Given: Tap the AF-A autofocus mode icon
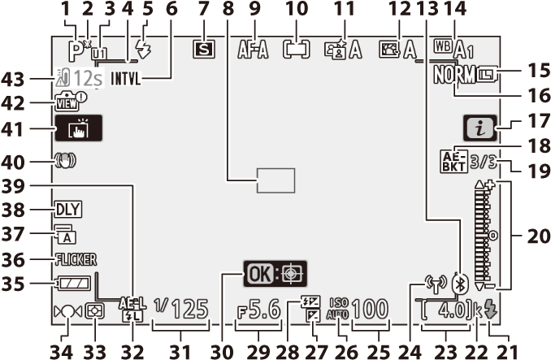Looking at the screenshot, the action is coord(253,50).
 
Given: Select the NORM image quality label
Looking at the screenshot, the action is coord(454,75).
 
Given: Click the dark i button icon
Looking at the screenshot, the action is coord(480,128).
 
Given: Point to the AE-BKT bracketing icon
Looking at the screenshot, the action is coord(453,161).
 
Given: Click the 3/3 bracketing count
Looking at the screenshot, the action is coord(484,163).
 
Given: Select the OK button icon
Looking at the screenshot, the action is coord(260,274).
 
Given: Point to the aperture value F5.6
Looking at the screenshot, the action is coord(259,310).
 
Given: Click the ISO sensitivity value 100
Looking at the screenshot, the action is coord(370,310).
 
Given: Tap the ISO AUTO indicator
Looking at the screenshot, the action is coord(338,309).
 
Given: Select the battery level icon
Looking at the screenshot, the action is coord(73,284).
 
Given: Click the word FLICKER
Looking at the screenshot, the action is coord(76,259).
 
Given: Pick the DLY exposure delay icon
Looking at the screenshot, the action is coord(68,210).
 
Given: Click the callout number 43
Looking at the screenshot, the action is coord(13,80).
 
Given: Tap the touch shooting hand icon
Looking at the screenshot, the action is coord(79,128).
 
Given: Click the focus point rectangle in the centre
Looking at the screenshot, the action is coord(275,180).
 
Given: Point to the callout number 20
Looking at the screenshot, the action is coord(539,236).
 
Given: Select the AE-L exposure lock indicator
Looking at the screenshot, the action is coord(132,303).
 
